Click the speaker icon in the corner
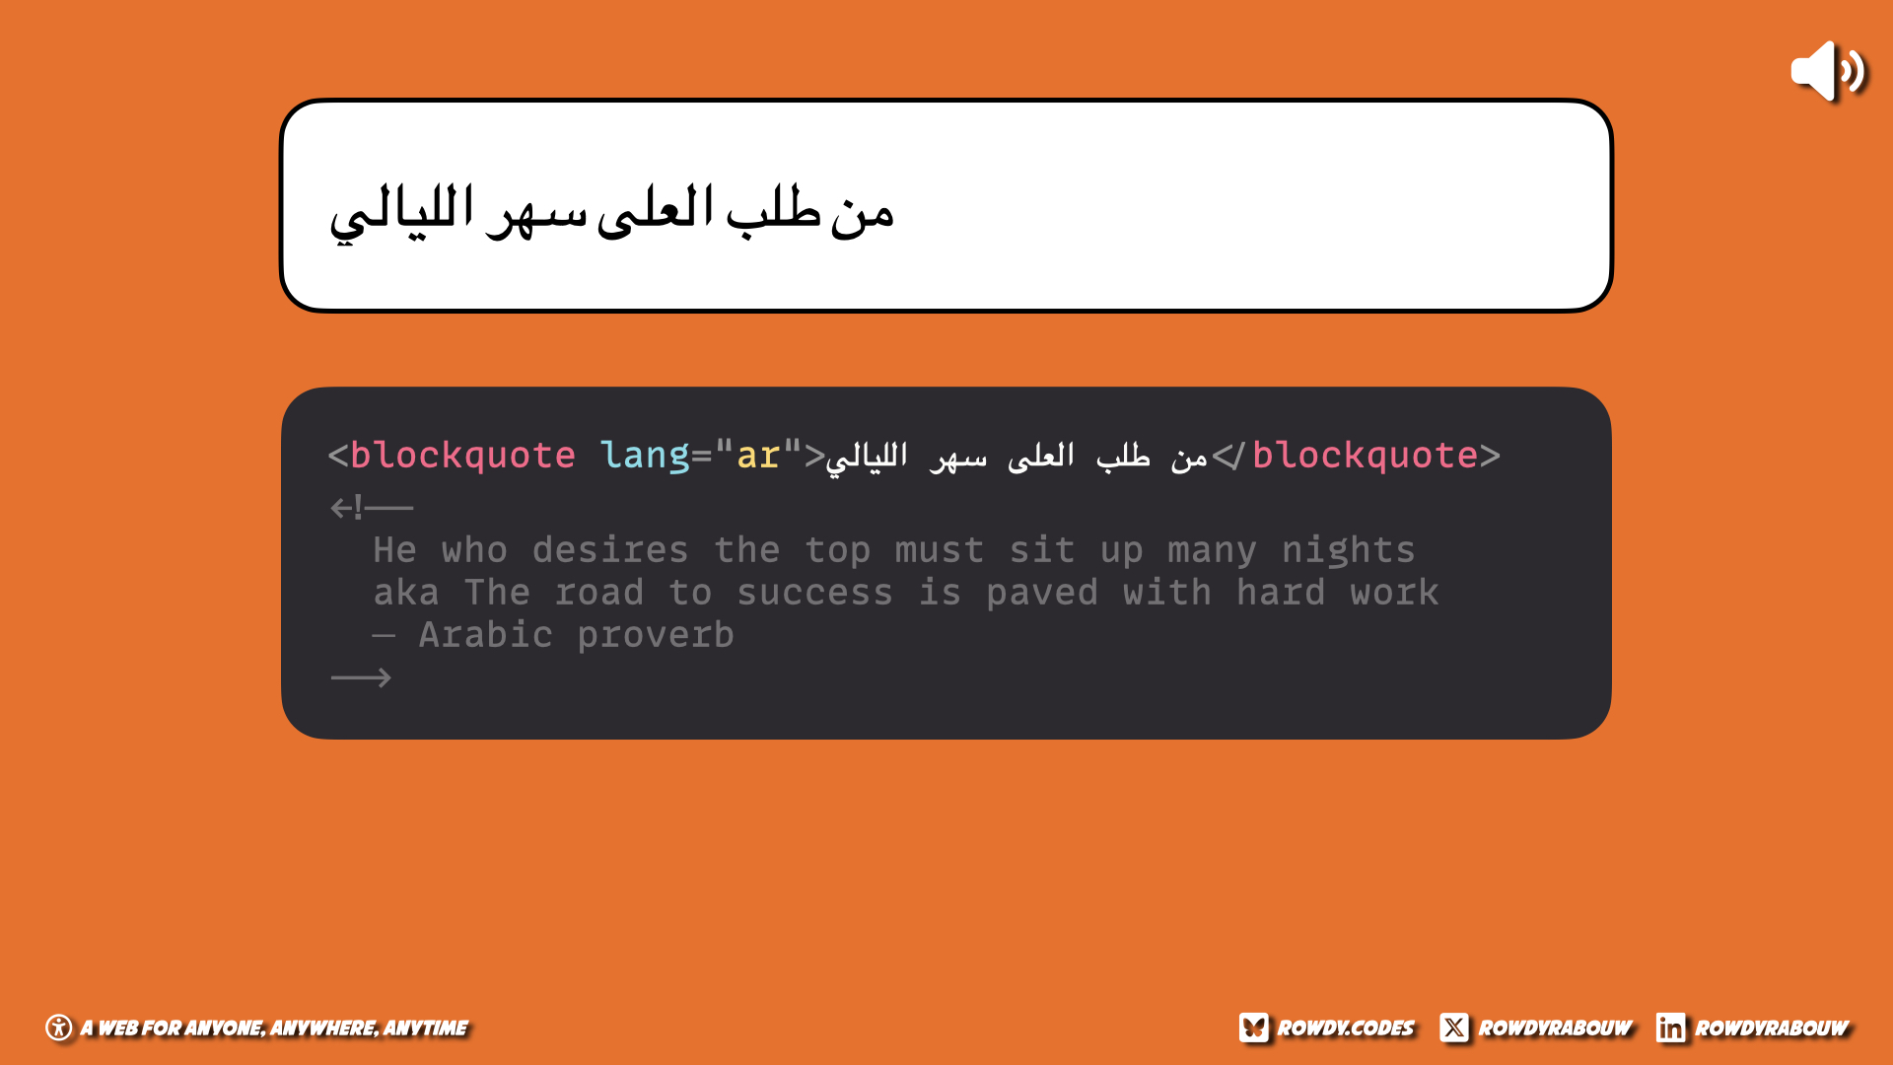pyautogui.click(x=1828, y=71)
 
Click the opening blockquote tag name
pyautogui.click(x=462, y=456)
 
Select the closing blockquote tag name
pyautogui.click(x=1365, y=456)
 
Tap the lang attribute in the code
pyautogui.click(x=645, y=456)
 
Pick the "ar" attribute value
pyautogui.click(x=757, y=457)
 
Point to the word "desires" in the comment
pyautogui.click(x=610, y=550)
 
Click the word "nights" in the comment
pyautogui.click(x=1348, y=551)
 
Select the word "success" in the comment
pyautogui.click(x=814, y=594)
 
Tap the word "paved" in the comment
pyautogui.click(x=1042, y=594)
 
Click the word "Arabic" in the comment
pyautogui.click(x=485, y=635)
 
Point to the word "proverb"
pyautogui.click(x=656, y=636)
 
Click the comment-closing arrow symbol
pyautogui.click(x=361, y=677)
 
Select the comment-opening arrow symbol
pyautogui.click(x=372, y=508)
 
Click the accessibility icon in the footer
pyautogui.click(x=59, y=1028)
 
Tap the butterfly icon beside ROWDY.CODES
pyautogui.click(x=1253, y=1028)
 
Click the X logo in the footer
pyautogui.click(x=1453, y=1028)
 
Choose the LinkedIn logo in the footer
pyautogui.click(x=1670, y=1028)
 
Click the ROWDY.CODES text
pyautogui.click(x=1346, y=1029)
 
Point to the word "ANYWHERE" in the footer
pyautogui.click(x=324, y=1029)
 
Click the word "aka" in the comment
pyautogui.click(x=406, y=594)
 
